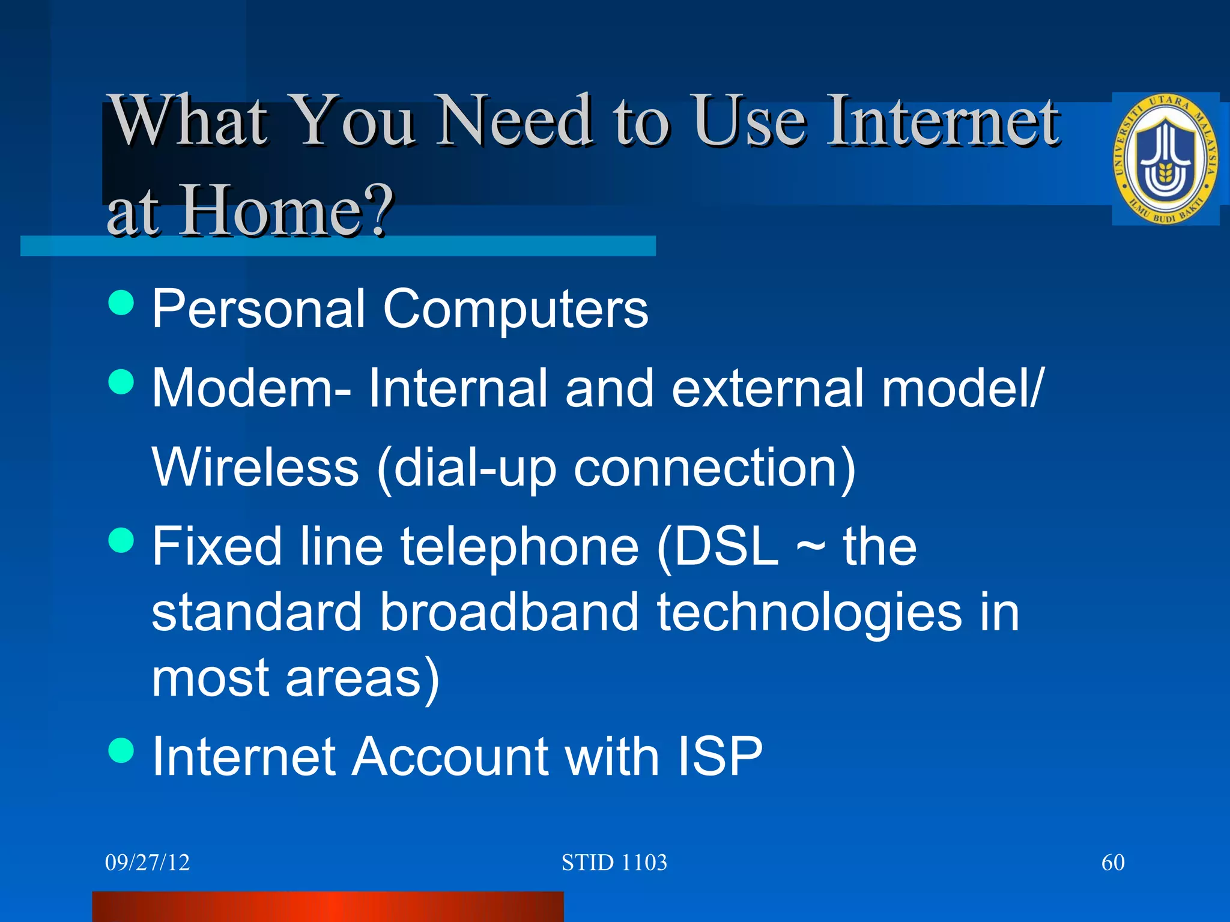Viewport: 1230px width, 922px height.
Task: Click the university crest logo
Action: (1165, 159)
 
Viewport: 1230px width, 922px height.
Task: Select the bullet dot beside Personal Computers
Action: (121, 303)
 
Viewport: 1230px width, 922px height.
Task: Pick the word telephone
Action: (520, 547)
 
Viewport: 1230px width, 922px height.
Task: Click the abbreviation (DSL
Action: (718, 547)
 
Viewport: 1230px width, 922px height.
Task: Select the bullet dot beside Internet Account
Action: (121, 750)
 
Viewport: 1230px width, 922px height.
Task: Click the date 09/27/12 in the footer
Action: (147, 863)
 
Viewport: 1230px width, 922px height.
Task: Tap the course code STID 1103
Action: (614, 863)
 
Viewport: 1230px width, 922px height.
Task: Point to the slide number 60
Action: (1112, 863)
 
